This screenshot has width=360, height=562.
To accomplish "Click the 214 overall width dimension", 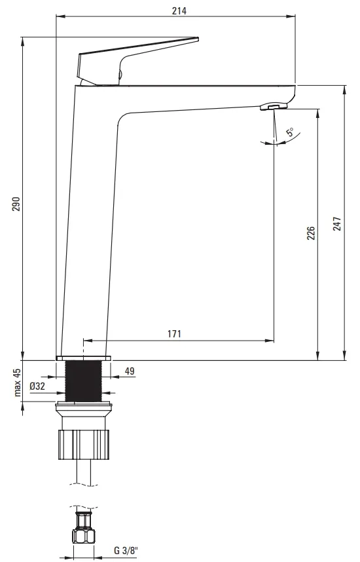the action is [179, 10].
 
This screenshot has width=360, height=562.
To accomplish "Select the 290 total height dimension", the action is [17, 204].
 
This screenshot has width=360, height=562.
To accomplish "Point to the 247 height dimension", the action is [337, 223].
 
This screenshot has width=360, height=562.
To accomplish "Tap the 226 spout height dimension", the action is [311, 233].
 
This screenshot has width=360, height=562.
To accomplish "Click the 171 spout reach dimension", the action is [175, 333].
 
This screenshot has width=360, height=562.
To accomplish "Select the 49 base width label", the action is [130, 371].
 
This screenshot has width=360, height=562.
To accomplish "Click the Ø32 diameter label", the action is [37, 386].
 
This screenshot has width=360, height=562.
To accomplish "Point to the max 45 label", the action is [18, 382].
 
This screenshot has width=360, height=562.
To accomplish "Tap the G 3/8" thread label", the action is [126, 550].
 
